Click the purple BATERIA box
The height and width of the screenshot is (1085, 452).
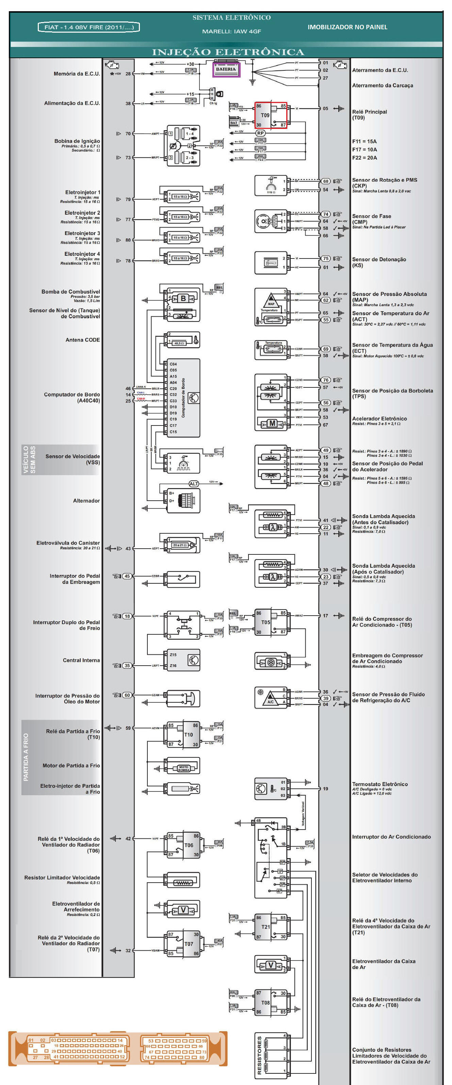[226, 69]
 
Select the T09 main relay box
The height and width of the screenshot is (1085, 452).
[270, 115]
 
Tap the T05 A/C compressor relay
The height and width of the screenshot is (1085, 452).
[271, 622]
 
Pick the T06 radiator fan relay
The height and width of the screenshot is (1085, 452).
[183, 845]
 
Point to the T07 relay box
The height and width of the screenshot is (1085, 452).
[183, 944]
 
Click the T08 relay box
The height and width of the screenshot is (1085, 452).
[271, 1002]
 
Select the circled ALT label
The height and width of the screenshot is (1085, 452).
[194, 484]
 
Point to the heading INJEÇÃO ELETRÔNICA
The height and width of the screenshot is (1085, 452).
[228, 52]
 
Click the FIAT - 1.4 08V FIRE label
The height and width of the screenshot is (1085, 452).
[88, 27]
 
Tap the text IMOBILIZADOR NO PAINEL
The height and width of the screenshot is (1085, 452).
[347, 27]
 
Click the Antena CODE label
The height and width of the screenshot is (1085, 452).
[83, 340]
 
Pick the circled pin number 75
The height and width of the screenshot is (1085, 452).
[325, 258]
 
